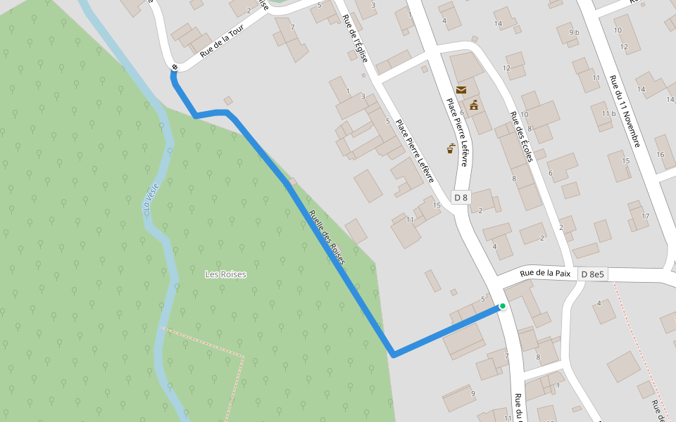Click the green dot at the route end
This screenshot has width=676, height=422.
[x=503, y=306]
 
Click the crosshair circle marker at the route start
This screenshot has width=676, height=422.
[x=174, y=68]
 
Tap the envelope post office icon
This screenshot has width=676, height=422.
[x=461, y=90]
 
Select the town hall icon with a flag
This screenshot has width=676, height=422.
[x=474, y=105]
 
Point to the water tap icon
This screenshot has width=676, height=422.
[x=451, y=148]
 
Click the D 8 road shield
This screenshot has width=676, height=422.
[x=461, y=198]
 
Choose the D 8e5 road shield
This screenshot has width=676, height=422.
[x=592, y=274]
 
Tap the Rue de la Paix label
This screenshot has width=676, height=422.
[x=544, y=274]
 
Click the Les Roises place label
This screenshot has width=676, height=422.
[x=225, y=274]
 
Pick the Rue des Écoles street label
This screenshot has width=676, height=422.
[x=521, y=136]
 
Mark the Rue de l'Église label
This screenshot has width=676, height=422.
[x=355, y=39]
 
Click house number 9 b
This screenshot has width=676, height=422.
[x=573, y=32]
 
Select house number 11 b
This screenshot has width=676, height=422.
[x=608, y=114]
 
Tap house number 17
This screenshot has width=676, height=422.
[x=645, y=216]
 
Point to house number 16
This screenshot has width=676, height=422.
[x=660, y=155]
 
